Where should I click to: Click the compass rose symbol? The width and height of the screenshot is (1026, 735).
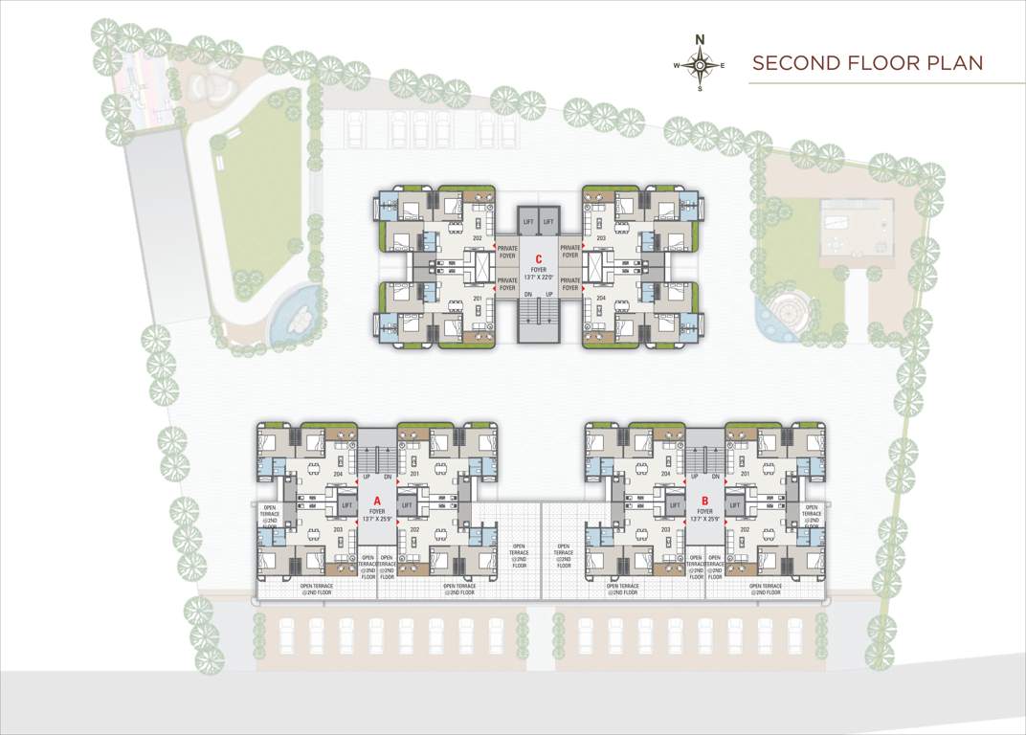(x=700, y=64)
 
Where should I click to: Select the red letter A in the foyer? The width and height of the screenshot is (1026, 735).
(x=377, y=501)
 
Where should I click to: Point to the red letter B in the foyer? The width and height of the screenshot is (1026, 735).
(x=704, y=501)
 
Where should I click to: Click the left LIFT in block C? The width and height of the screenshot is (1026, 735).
(x=528, y=221)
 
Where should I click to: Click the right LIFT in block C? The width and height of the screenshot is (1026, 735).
(x=549, y=221)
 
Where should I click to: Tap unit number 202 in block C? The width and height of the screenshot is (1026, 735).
(x=477, y=237)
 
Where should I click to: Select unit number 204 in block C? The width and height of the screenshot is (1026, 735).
(x=601, y=298)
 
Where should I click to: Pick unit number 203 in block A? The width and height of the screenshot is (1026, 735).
(x=337, y=528)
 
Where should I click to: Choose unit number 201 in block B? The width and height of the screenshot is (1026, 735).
(x=743, y=473)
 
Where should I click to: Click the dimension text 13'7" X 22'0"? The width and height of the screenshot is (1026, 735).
(x=539, y=278)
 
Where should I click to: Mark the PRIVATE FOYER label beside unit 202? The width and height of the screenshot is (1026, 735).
(x=507, y=251)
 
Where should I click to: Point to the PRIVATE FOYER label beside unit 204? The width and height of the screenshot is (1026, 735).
(x=570, y=283)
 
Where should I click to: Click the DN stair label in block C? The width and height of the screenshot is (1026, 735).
(x=528, y=294)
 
